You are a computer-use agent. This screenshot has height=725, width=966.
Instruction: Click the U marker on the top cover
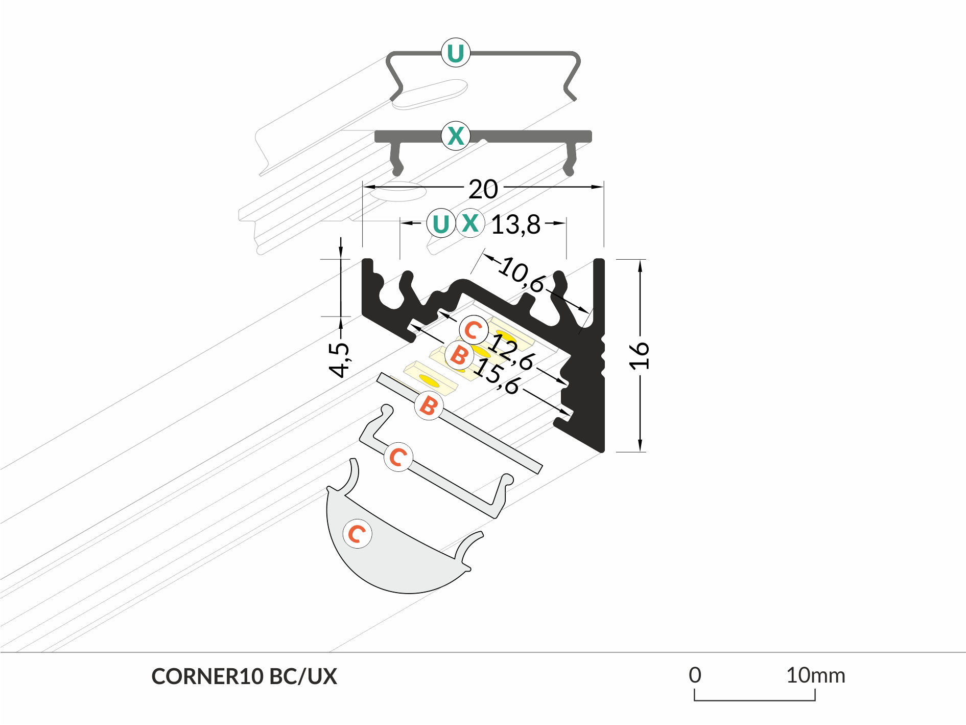coord(455,53)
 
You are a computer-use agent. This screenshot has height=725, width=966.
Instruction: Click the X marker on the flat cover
coord(455,136)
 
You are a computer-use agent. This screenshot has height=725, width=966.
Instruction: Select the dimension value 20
coord(483,189)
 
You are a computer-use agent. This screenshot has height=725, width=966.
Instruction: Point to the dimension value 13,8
coord(515,225)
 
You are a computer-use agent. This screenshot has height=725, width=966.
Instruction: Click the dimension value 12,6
coord(511,354)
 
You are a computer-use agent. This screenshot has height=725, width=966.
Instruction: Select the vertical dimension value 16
coord(639,355)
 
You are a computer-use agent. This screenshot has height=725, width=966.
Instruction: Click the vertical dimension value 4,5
coord(339,359)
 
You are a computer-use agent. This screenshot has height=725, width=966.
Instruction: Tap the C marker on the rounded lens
coord(357,534)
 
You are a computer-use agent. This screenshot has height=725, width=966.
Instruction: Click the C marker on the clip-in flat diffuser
coord(398,457)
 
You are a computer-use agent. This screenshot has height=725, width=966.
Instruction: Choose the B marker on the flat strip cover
coord(428,406)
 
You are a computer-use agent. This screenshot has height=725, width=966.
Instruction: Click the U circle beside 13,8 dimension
coord(440,223)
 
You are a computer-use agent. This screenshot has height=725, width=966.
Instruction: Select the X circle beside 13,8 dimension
coord(469,223)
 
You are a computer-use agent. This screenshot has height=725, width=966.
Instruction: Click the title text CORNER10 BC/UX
coord(244,676)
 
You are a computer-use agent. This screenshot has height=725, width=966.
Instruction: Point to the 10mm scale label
coord(815,675)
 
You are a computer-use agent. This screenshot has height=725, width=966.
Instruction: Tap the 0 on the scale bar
coord(695,675)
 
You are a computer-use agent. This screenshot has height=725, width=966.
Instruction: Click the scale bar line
coord(755,699)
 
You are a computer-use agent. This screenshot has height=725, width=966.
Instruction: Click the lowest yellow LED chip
coord(429,381)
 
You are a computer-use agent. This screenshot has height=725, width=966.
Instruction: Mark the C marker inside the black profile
coord(473,330)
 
